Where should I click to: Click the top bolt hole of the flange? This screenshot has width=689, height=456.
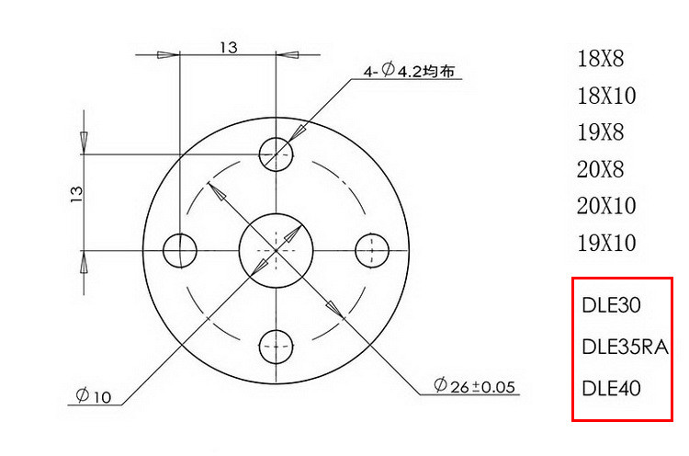pyautogui.click(x=276, y=154)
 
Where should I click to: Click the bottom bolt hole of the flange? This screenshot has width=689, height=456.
pyautogui.click(x=276, y=347)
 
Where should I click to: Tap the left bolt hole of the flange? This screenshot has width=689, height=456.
pyautogui.click(x=180, y=251)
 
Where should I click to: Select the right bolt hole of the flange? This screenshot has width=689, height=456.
pyautogui.click(x=372, y=251)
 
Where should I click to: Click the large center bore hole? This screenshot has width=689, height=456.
pyautogui.click(x=276, y=251)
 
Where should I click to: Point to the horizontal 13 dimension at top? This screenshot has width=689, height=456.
pyautogui.click(x=229, y=48)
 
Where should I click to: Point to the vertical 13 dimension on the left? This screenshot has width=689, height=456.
pyautogui.click(x=76, y=194)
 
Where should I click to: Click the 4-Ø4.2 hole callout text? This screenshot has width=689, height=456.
pyautogui.click(x=409, y=71)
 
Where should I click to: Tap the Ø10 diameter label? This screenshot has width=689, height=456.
pyautogui.click(x=94, y=395)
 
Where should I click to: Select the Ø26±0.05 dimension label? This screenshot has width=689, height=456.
pyautogui.click(x=474, y=385)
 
